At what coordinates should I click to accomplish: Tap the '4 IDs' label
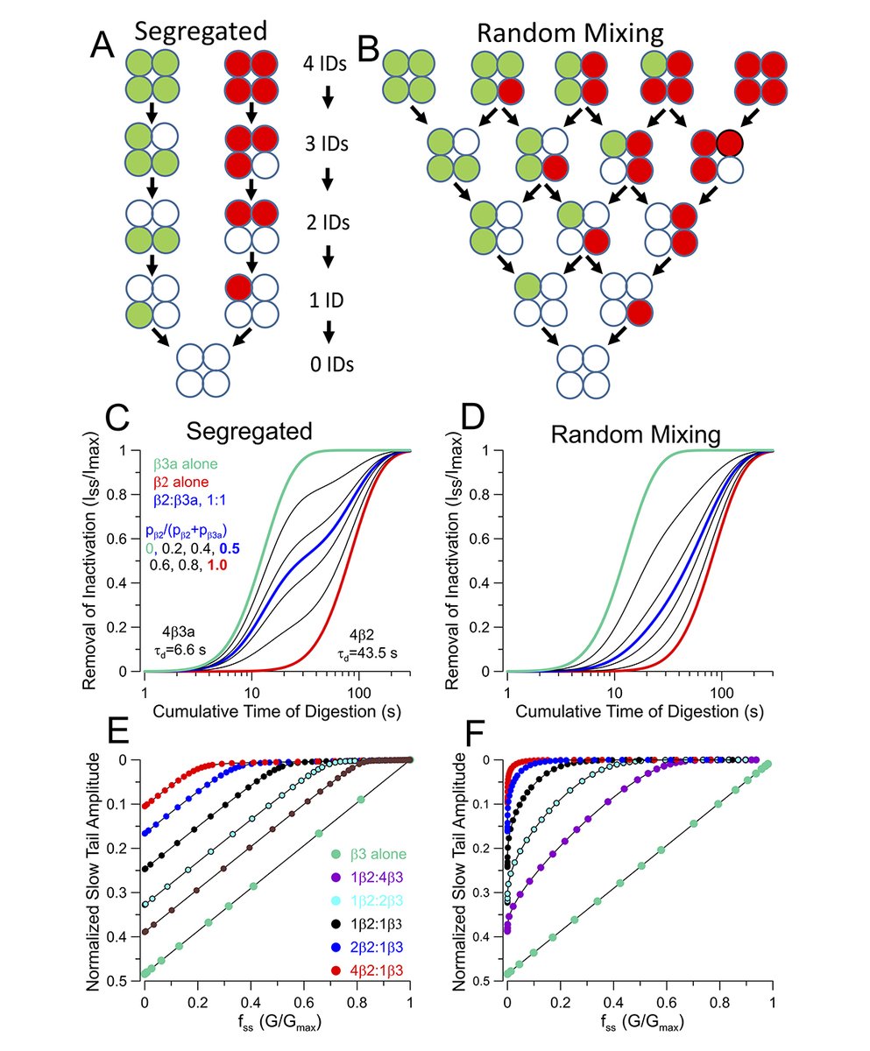pyautogui.click(x=327, y=63)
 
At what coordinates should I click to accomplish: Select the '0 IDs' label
pyautogui.click(x=327, y=363)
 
